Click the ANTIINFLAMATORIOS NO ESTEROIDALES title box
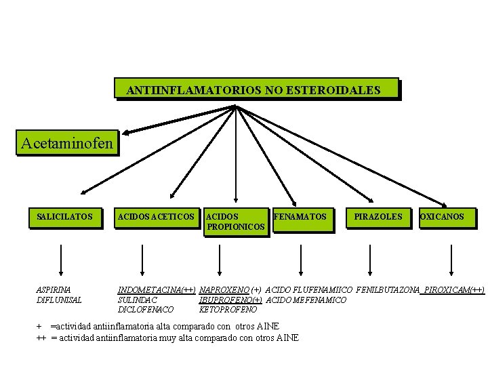(253, 89)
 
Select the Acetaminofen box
(67, 144)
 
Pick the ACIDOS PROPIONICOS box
(235, 222)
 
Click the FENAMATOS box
(300, 217)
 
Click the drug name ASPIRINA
(54, 289)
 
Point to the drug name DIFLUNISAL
(59, 300)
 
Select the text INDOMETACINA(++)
(157, 289)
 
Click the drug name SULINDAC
(138, 300)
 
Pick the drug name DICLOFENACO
(146, 309)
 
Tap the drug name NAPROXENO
(224, 289)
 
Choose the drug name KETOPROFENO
(228, 309)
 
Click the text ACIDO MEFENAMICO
(306, 300)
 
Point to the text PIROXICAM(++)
(454, 289)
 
